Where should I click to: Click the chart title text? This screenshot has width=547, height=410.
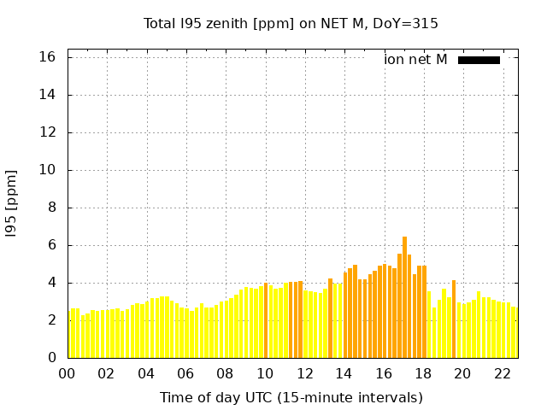point(291,24)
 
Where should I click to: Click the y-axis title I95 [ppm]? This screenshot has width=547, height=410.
point(12,203)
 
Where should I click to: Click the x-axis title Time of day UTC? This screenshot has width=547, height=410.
point(291,397)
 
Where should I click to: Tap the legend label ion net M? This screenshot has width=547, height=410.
point(415,60)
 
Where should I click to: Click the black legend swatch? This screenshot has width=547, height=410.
point(479,60)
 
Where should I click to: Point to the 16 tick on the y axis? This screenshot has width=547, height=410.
point(48,57)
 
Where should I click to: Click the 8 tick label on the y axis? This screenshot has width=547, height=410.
point(52,208)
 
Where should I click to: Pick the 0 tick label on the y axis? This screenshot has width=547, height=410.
point(52,358)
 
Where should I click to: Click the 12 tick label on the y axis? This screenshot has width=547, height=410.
point(48,132)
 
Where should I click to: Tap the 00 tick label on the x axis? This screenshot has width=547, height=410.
point(67,373)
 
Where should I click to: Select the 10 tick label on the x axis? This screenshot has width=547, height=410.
point(265,373)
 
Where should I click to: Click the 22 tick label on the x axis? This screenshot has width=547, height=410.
point(502,373)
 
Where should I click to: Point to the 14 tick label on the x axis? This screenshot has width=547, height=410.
point(344,373)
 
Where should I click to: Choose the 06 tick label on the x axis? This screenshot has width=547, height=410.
point(185,373)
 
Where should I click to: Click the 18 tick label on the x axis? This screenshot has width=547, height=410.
point(423,373)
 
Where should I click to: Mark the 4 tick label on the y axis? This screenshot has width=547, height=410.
point(52,283)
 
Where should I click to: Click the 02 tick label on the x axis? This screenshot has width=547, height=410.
point(107,373)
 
